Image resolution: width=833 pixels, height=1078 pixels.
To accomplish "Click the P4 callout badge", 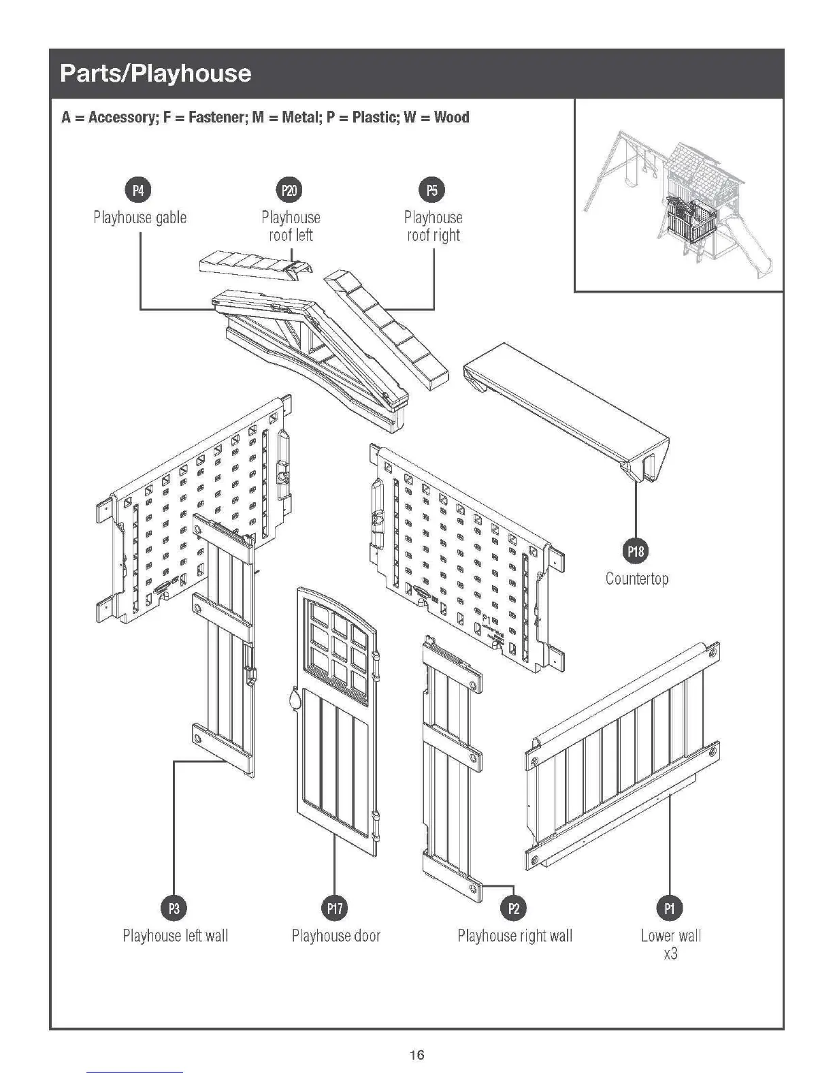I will pos(138,190).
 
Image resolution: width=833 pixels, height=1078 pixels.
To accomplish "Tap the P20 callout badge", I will pos(290,190).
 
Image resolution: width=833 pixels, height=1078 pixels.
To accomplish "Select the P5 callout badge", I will pos(433,190).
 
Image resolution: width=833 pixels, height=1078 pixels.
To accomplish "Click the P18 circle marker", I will pos(636,551).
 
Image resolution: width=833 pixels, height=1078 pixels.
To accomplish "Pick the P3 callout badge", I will pos(174,908).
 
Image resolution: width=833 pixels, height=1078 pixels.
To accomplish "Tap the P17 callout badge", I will pos(335,908).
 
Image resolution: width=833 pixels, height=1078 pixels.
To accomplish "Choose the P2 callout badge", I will pos(514,908).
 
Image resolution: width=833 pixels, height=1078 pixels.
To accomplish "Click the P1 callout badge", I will pos(670,908).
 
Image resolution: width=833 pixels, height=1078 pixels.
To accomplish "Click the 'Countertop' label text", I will pos(637,578).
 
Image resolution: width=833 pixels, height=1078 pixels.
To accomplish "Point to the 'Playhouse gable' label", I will pos(140,218).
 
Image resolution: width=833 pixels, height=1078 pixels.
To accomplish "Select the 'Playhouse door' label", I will pos(336,936).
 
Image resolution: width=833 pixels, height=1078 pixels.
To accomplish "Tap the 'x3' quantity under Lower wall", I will pos(670,953).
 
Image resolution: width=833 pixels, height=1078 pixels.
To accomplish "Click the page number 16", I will pos(416,1055).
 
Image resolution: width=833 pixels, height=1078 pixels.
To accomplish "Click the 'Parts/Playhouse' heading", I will pos(156,73).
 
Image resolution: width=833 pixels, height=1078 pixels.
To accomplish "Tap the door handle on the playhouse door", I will pos(294,699).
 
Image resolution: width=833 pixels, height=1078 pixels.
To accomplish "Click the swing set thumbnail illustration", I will pos(678,197).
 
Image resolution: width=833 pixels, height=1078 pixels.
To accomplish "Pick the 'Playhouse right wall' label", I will pos(514,936).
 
